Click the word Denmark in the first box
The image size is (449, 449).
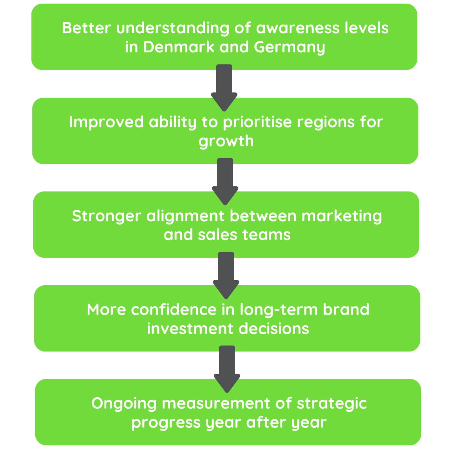tap(178, 47)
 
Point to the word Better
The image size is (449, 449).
tap(86, 28)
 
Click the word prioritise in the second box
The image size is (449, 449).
tap(257, 122)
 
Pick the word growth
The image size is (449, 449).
tap(226, 141)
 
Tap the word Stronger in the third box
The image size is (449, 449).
tap(106, 216)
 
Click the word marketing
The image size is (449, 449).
tap(342, 216)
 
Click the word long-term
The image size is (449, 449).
tap(278, 310)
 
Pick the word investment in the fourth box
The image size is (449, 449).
tap(190, 329)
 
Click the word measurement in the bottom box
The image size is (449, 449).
tap(216, 404)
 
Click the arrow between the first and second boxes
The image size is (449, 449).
tap(224, 87)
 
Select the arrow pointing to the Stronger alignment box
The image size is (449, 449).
tap(225, 181)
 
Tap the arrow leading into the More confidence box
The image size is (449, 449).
tap(226, 275)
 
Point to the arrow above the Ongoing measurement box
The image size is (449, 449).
tap(227, 369)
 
